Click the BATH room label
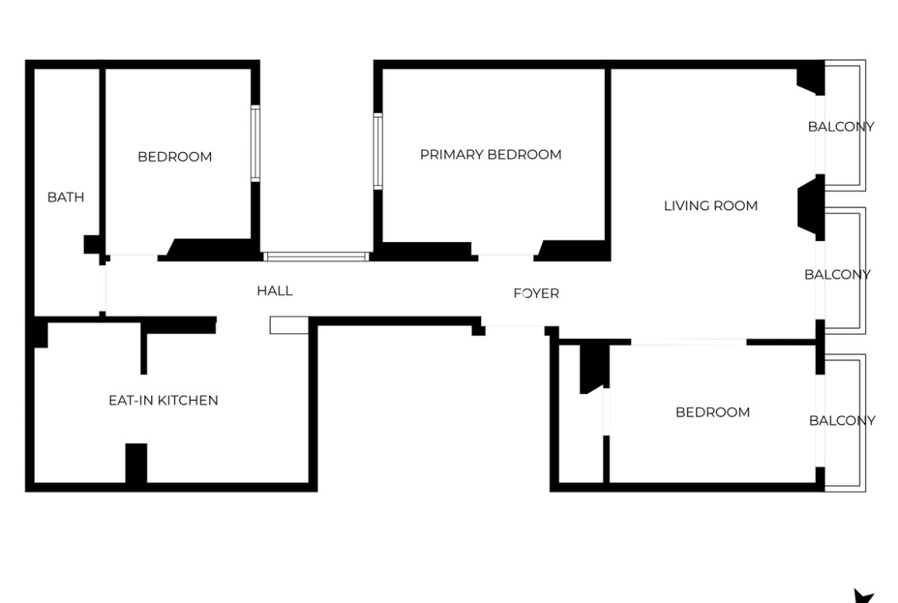click(65, 197)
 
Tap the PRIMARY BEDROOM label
click(490, 154)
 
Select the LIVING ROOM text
click(711, 206)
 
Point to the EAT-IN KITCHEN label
click(163, 400)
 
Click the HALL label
click(275, 290)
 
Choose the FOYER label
click(536, 293)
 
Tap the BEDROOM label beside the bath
click(175, 157)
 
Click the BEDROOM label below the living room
click(712, 412)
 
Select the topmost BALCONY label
click(840, 127)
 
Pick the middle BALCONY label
click(837, 274)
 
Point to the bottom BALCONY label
click(842, 421)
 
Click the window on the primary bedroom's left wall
click(378, 151)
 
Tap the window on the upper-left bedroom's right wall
click(256, 144)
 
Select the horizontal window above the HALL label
click(315, 257)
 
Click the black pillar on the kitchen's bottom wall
click(137, 463)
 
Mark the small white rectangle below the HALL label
click(289, 325)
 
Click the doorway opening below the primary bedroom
click(506, 255)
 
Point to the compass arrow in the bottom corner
click(864, 596)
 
